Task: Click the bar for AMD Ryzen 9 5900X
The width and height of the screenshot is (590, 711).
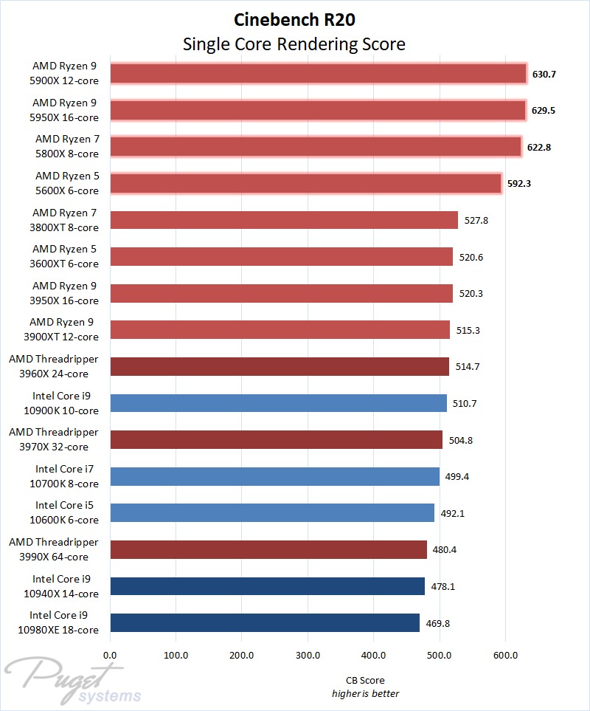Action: pos(318,73)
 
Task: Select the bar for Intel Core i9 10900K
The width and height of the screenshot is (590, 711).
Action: pos(279,403)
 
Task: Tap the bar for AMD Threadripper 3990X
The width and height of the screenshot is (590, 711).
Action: pos(268,549)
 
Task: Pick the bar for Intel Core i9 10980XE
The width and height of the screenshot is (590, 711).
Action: pos(265,623)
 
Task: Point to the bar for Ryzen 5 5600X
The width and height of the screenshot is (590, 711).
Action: pos(305,183)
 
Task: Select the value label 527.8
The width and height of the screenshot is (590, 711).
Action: pos(476,220)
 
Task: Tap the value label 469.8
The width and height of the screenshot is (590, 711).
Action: pos(438,623)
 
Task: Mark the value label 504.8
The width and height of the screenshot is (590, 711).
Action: pos(461,440)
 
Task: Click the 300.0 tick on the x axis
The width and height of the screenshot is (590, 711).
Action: pos(308,654)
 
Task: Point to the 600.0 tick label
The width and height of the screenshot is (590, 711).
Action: pos(505,654)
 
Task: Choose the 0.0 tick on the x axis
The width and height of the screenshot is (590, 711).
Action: pos(110,654)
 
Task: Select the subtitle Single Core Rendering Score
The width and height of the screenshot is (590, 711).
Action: pos(294,44)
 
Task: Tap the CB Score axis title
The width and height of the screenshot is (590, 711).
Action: pos(365,680)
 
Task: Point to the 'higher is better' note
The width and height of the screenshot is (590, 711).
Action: pos(365,693)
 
